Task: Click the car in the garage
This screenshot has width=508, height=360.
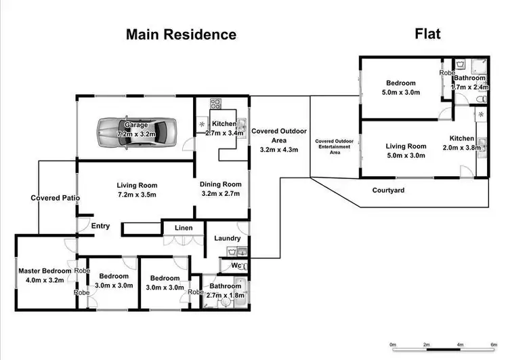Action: tap(136, 129)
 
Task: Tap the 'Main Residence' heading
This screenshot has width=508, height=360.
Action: tap(181, 35)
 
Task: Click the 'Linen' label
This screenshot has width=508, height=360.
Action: tap(183, 228)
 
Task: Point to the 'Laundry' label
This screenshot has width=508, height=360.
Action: tap(228, 239)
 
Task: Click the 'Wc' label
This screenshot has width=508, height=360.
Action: tap(237, 265)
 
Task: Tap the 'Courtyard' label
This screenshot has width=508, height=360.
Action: tap(389, 191)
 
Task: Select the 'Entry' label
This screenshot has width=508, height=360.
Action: tap(100, 226)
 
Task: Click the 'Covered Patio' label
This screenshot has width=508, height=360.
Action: tap(56, 198)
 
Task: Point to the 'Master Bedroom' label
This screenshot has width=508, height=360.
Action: tap(45, 271)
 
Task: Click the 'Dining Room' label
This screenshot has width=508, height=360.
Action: tap(220, 184)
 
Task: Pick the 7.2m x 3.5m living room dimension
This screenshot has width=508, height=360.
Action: tap(137, 195)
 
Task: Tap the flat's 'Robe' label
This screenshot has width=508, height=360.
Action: tap(447, 73)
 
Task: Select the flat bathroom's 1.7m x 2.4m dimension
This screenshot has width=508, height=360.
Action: tap(470, 87)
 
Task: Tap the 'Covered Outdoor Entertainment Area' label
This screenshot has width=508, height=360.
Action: tap(334, 147)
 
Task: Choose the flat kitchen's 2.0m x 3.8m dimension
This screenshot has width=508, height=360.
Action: tap(459, 147)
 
